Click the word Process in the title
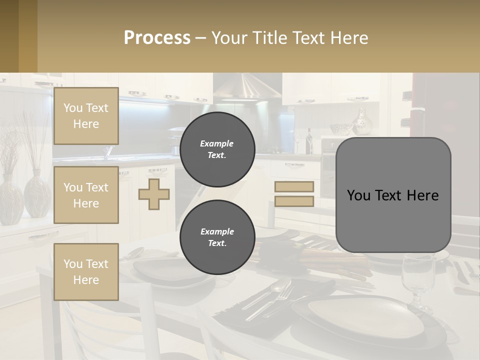[x=157, y=37]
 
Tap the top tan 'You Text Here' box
[x=86, y=116]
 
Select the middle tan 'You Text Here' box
[x=86, y=195]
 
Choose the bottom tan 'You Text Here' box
[x=86, y=271]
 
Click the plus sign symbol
[x=154, y=194]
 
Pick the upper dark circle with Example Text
[x=217, y=149]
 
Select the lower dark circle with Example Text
[x=217, y=237]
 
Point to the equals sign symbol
[x=294, y=194]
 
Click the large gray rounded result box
[x=393, y=194]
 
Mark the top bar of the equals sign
[x=294, y=187]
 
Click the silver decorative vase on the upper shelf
[x=361, y=122]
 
